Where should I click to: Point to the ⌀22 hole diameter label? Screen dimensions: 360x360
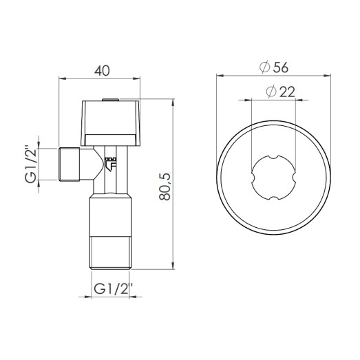pyautogui.click(x=274, y=92)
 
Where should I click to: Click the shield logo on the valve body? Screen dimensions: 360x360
pyautogui.click(x=112, y=162)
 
